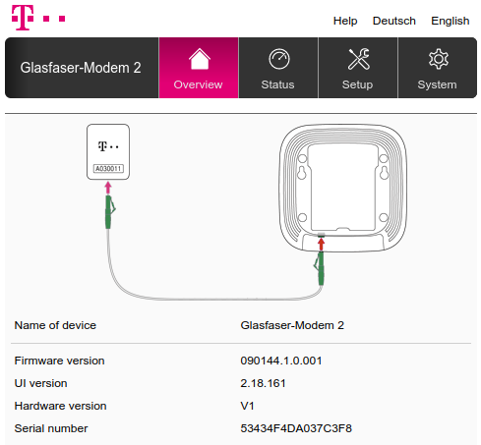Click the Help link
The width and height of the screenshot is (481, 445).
345,21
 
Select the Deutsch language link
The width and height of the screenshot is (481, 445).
394,21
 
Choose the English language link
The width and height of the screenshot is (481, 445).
451,21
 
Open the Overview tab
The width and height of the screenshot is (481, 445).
199,68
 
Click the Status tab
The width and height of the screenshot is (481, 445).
278,68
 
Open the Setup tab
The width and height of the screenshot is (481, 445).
358,68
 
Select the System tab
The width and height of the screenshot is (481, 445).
438,68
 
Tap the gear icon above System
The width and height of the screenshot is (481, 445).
439,59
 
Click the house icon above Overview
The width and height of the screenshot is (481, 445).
200,59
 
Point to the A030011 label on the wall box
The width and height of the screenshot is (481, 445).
108,169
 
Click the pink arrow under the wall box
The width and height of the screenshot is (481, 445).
108,189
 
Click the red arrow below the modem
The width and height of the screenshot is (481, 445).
321,245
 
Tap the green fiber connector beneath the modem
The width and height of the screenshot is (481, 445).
321,268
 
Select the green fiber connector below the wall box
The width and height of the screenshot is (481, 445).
109,212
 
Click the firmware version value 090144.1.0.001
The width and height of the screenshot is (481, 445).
281,361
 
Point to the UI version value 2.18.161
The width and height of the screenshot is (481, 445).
263,383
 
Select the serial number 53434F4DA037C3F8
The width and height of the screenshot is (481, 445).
296,428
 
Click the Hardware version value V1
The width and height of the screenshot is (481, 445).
247,406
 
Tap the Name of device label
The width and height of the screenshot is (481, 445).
55,325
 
